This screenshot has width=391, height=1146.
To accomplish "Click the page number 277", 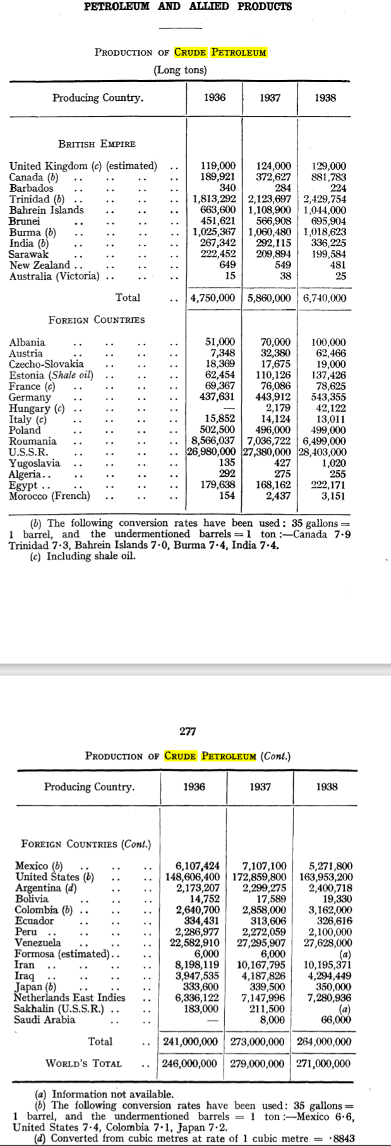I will [188, 731].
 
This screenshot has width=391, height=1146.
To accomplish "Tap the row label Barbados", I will [31, 188].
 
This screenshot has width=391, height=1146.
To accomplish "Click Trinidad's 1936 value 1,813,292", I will [214, 199].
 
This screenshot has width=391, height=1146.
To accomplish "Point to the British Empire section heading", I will [97, 144].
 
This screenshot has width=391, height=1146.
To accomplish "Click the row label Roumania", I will [32, 441].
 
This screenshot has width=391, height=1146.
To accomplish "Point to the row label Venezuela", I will [37, 943].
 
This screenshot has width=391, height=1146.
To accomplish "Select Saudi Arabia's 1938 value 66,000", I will [336, 1020].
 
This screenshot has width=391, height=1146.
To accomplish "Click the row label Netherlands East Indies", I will [69, 998].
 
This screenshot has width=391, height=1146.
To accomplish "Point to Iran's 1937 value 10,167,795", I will [262, 965].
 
